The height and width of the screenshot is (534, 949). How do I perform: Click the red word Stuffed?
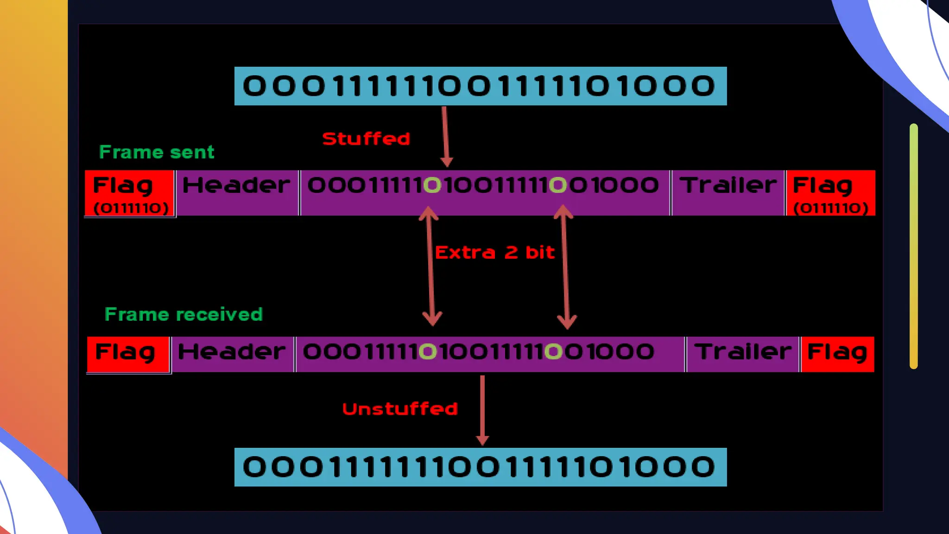tap(366, 139)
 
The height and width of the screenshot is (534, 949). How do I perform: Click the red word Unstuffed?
tap(400, 409)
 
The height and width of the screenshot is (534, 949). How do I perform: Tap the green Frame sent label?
tap(157, 152)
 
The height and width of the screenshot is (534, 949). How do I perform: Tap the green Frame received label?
tap(183, 314)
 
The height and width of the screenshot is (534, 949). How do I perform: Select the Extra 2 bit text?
tap(494, 253)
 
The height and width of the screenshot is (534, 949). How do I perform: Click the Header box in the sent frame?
tap(237, 192)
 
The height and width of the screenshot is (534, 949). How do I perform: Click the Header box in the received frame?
tap(232, 354)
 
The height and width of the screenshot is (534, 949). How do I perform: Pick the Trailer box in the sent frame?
tap(728, 192)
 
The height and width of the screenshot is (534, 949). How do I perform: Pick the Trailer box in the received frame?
tap(742, 354)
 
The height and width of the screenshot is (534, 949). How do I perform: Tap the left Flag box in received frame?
tap(128, 354)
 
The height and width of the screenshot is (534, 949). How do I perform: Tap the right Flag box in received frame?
tap(837, 354)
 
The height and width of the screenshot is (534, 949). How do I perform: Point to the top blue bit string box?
tap(480, 86)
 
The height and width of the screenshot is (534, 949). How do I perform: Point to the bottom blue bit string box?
tap(480, 467)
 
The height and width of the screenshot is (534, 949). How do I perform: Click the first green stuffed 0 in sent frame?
tap(432, 185)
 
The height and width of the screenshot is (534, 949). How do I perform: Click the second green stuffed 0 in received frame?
tap(553, 351)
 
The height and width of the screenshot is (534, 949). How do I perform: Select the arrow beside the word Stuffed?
tap(446, 137)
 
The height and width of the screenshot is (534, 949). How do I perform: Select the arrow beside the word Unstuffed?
tap(482, 410)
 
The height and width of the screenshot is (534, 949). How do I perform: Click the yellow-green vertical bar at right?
tap(913, 246)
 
